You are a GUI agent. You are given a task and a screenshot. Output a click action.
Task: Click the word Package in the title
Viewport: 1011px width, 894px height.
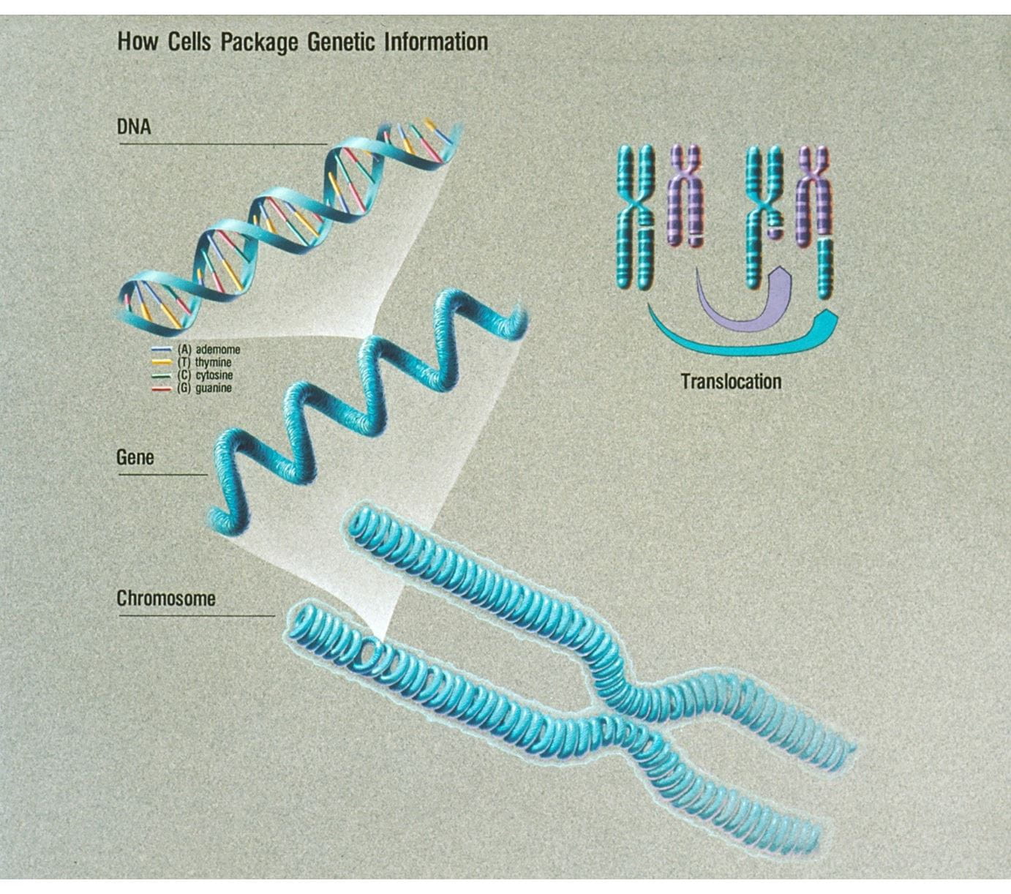click(x=259, y=42)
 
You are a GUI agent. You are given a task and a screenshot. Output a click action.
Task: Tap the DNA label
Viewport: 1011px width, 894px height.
click(x=134, y=127)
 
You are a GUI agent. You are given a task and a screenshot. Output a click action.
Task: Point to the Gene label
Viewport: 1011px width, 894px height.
click(x=135, y=458)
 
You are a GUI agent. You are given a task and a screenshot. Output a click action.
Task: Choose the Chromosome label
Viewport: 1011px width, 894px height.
click(x=166, y=598)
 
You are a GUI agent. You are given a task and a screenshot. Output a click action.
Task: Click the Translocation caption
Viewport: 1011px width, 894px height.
click(x=731, y=381)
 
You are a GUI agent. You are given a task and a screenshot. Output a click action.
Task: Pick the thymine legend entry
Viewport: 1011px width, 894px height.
click(x=213, y=362)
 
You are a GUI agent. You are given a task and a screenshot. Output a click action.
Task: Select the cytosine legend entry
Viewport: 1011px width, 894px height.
click(x=214, y=375)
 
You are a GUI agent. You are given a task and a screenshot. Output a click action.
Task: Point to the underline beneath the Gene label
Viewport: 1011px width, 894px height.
click(x=162, y=475)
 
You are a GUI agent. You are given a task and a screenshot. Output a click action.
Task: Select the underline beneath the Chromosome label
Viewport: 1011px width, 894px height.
click(x=196, y=616)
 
